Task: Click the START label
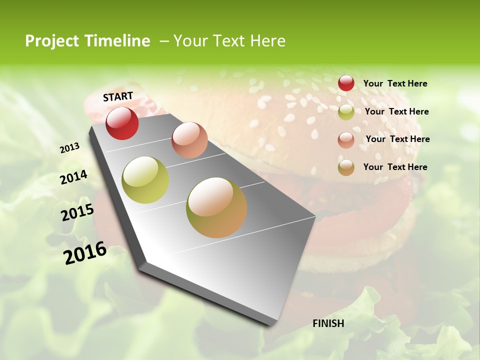(118, 96)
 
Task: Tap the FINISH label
(328, 323)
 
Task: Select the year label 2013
(69, 148)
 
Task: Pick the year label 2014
(73, 177)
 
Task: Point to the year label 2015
(77, 212)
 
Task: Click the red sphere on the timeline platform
(122, 123)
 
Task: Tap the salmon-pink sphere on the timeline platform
(189, 140)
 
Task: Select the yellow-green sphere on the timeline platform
(145, 180)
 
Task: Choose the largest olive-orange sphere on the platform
(216, 207)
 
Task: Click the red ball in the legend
(346, 83)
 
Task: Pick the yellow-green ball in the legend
(346, 112)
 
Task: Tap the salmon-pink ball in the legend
(346, 140)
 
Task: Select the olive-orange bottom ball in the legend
(346, 167)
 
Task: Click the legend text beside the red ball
(395, 83)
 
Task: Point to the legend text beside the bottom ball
(395, 167)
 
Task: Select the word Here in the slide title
(267, 41)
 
